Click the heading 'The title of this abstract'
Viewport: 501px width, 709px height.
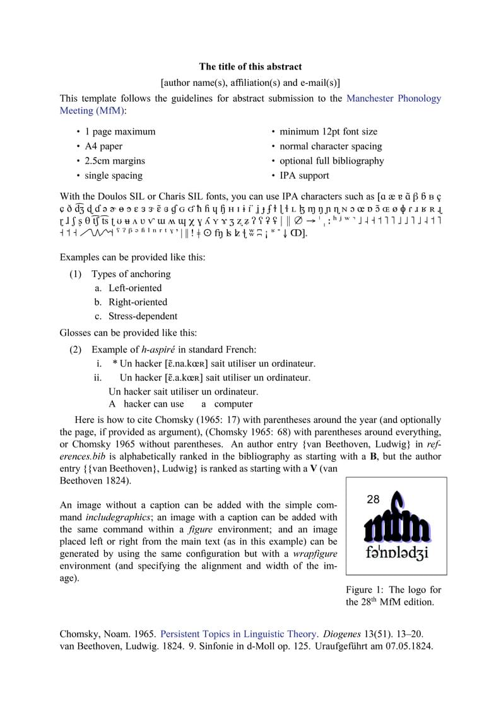pyautogui.click(x=250, y=66)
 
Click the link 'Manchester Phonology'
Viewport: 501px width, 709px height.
pyautogui.click(x=394, y=98)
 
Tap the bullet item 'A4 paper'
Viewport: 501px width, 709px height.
pyautogui.click(x=103, y=146)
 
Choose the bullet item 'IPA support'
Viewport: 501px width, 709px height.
pyautogui.click(x=304, y=176)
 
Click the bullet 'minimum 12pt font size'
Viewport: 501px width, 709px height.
pyautogui.click(x=328, y=131)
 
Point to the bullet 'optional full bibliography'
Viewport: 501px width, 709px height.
pyautogui.click(x=331, y=161)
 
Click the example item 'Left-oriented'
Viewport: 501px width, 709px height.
pyautogui.click(x=134, y=288)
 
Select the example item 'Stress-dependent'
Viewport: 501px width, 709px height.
pyautogui.click(x=143, y=316)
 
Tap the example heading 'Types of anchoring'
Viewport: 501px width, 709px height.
pyautogui.click(x=131, y=274)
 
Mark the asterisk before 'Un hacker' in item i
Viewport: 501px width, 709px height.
pyautogui.click(x=115, y=364)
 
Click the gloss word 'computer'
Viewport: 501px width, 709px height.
pyautogui.click(x=233, y=404)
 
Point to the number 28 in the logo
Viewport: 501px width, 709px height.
pyautogui.click(x=373, y=499)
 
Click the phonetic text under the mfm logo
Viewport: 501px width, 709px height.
pyautogui.click(x=397, y=553)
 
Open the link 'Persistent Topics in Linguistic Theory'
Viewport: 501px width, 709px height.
pyautogui.click(x=239, y=634)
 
